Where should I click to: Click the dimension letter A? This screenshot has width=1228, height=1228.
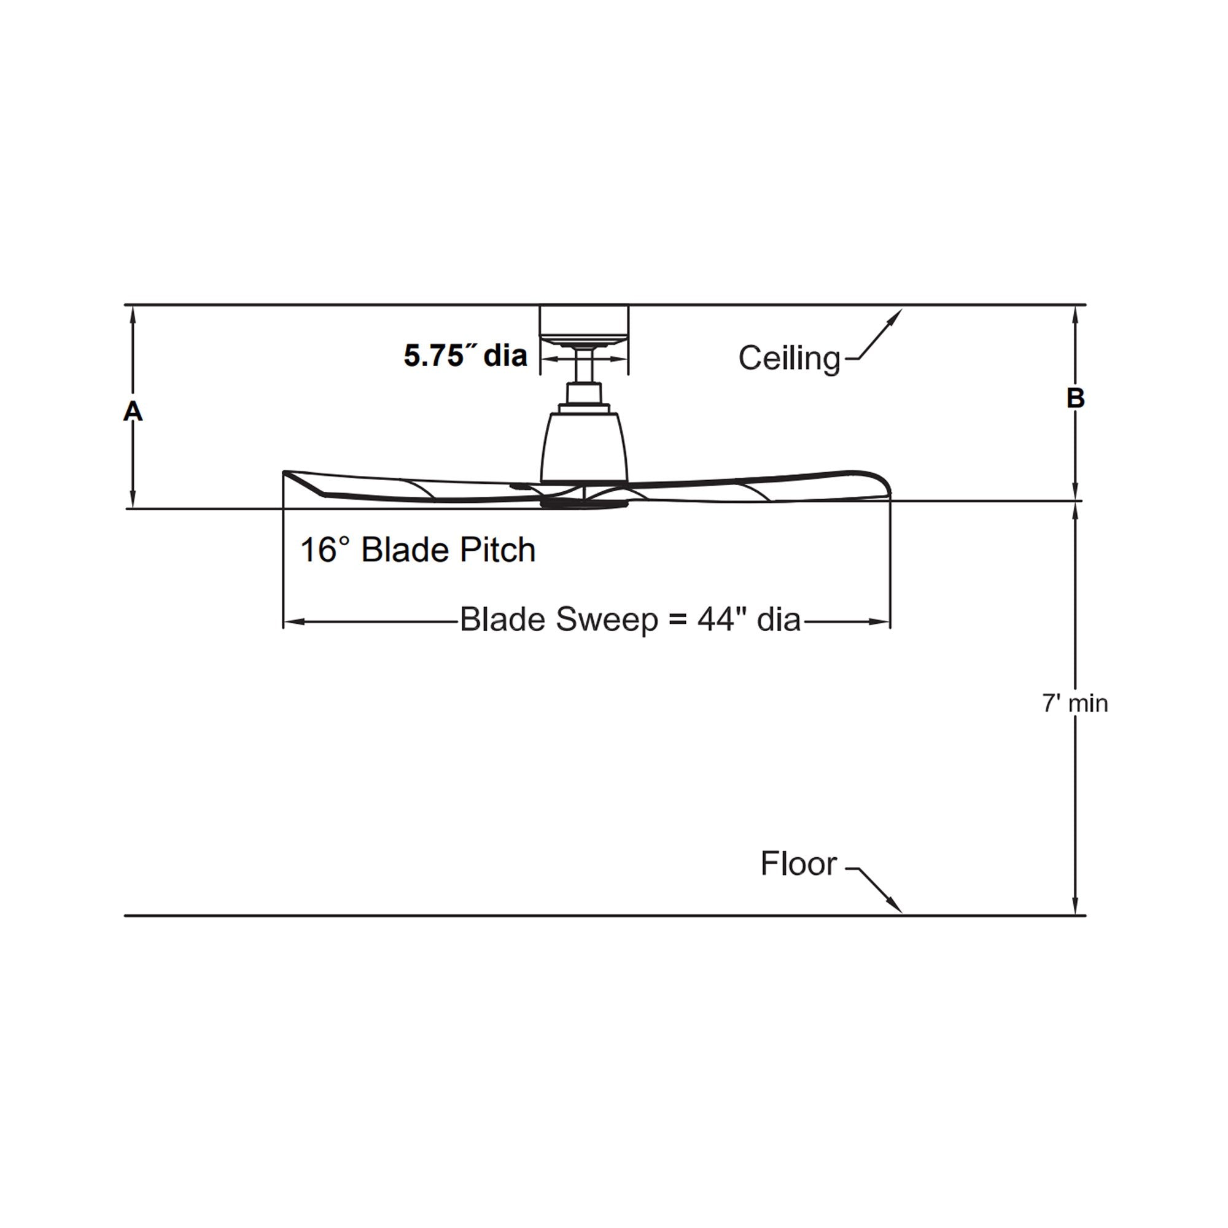tap(133, 412)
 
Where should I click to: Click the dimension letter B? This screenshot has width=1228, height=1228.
tap(1075, 398)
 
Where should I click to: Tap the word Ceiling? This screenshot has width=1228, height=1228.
tap(790, 359)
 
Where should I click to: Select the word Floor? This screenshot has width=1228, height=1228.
tap(799, 864)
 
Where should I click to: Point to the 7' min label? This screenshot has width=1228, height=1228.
tap(1075, 704)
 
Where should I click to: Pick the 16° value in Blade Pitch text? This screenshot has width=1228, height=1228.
tap(325, 550)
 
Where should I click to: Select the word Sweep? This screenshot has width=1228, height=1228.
tap(607, 620)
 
